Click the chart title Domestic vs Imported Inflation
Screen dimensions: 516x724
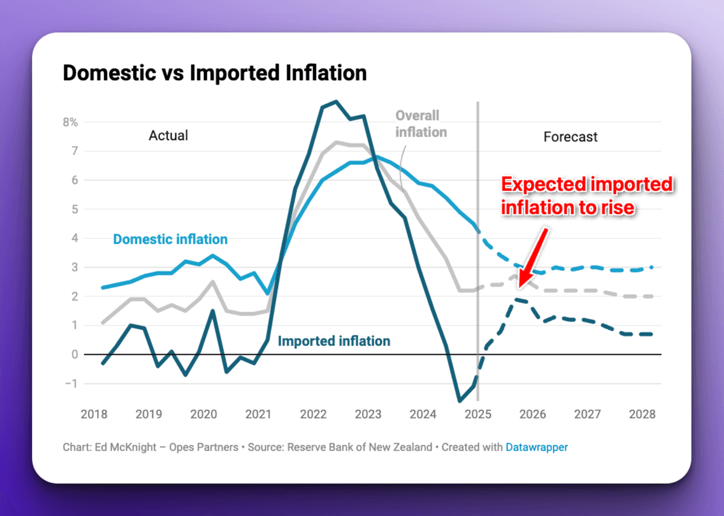(214, 73)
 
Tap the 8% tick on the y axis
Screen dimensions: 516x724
(71, 122)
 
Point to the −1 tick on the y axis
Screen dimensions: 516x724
(72, 384)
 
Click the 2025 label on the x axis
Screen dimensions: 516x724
(478, 415)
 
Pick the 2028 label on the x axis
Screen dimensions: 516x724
(642, 415)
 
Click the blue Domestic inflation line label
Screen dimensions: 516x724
(170, 240)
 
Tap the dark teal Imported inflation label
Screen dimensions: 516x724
(334, 342)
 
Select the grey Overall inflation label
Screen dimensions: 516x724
(421, 124)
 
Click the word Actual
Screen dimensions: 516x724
(168, 135)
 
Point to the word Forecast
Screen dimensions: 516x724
(570, 137)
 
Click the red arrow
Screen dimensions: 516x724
(534, 256)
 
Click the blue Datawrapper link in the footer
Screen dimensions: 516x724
(536, 447)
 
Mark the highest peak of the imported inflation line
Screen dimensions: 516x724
(336, 101)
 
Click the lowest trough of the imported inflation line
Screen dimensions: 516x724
(460, 401)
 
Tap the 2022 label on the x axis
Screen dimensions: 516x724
(313, 415)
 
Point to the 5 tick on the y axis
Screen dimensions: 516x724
(75, 209)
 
